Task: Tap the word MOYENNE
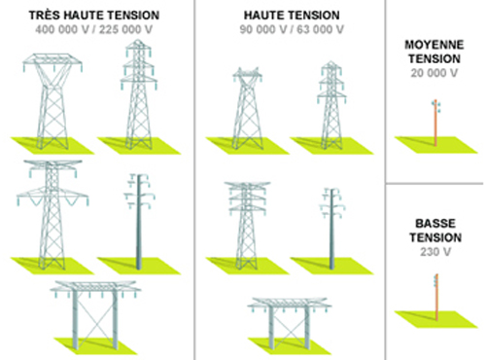point(435,46)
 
